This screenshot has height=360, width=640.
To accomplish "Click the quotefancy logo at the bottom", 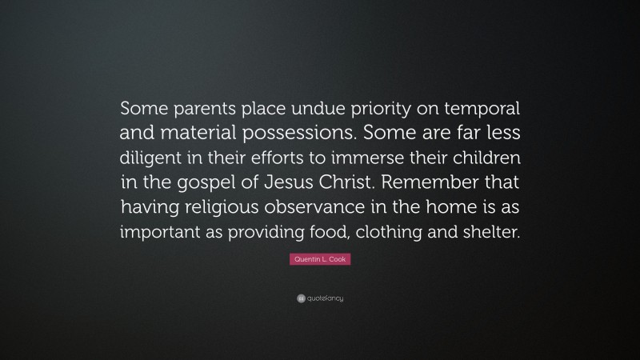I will point(319,298).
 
